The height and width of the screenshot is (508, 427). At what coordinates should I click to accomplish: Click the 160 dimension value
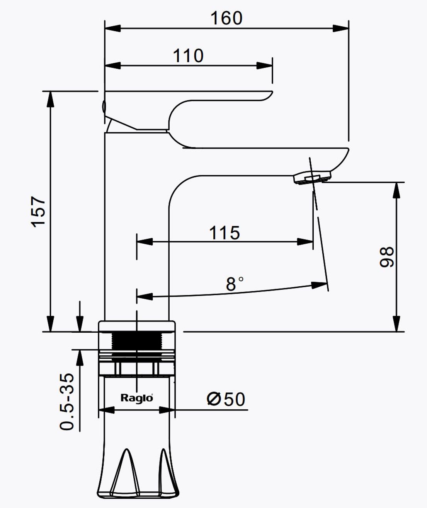point(226,18)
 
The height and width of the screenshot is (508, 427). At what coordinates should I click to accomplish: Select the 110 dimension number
point(188,56)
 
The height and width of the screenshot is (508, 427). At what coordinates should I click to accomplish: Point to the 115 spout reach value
point(225,233)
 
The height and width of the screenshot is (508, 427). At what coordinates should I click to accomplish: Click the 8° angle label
point(235,284)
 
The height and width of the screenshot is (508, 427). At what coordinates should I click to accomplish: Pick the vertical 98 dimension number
point(387,257)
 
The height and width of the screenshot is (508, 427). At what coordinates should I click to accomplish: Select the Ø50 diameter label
point(226,399)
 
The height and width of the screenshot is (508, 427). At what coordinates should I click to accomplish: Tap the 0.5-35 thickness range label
point(67,402)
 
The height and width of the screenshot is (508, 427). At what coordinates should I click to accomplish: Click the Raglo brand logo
point(137,397)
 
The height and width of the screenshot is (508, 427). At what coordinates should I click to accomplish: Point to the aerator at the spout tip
point(312,178)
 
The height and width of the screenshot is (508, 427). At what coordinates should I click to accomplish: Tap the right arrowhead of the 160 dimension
point(341,28)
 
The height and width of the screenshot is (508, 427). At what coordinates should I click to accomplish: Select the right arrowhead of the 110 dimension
point(265,65)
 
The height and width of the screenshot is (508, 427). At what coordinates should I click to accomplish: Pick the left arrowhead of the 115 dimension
point(145,242)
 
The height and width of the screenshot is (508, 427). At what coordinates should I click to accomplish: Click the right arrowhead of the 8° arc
point(320,286)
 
